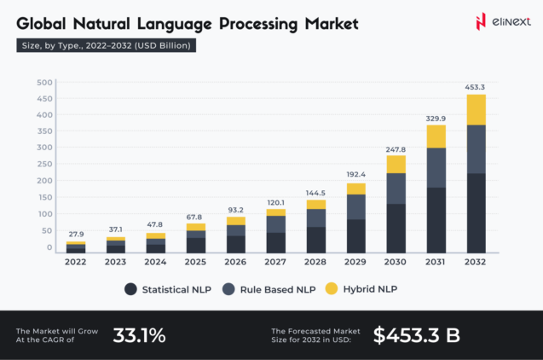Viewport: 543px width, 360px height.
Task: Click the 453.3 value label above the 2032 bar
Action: (x=476, y=86)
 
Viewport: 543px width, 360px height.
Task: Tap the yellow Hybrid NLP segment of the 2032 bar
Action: (x=476, y=109)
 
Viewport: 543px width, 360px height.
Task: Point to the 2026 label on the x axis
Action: (x=236, y=262)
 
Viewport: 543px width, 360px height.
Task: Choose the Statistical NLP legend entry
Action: (x=171, y=289)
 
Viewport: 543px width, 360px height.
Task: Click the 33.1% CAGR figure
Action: (x=139, y=335)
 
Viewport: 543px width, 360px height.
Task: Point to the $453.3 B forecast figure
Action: (x=416, y=335)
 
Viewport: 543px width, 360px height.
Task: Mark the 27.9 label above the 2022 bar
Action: (x=76, y=233)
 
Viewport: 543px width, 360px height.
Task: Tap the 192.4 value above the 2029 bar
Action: (x=355, y=173)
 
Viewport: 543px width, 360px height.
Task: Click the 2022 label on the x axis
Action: (x=76, y=262)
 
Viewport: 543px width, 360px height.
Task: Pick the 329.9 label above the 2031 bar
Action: (x=436, y=117)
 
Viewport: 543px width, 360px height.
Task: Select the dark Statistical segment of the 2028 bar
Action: (x=316, y=239)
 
